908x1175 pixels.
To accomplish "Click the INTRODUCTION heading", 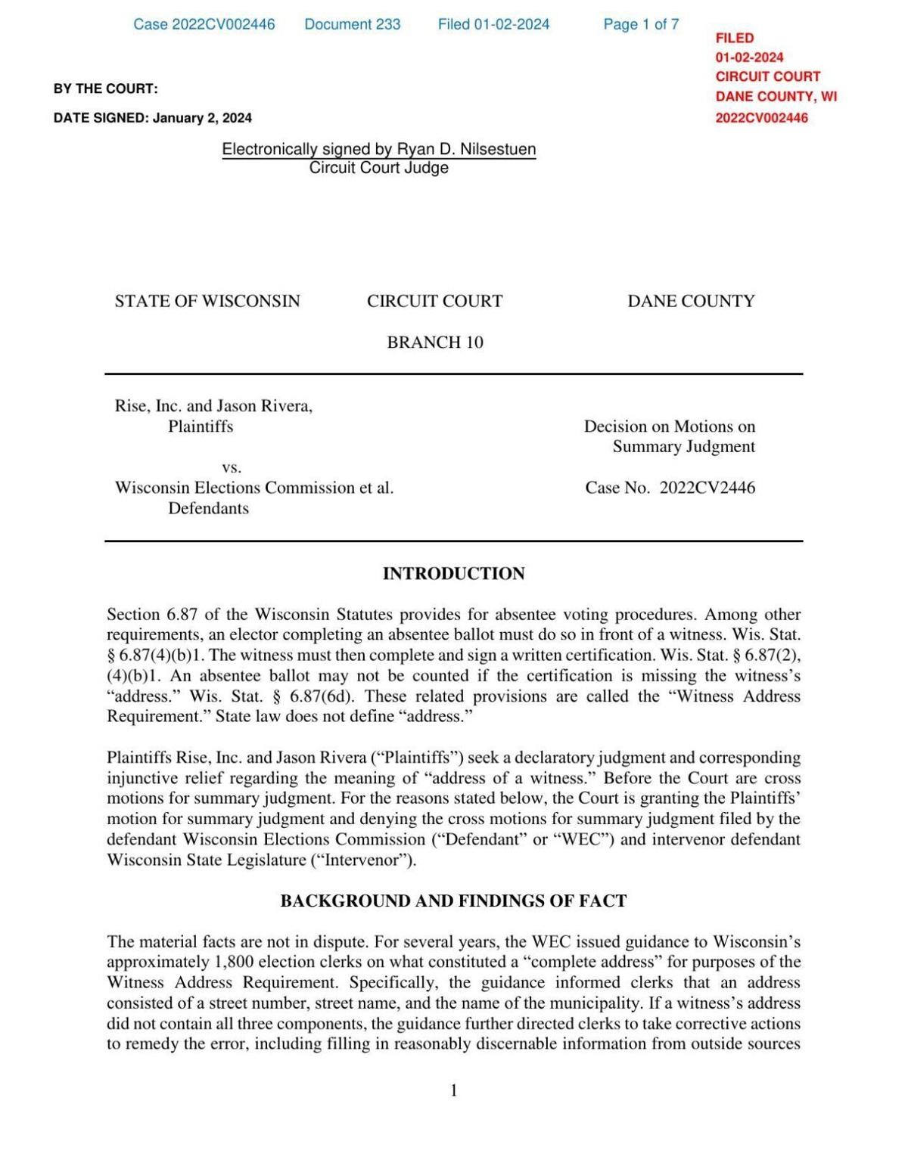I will point(453,574).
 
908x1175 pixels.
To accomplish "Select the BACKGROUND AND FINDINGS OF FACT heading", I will point(453,901).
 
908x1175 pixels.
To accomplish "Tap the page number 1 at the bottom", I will point(454,1090).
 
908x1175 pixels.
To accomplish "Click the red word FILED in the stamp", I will point(735,38).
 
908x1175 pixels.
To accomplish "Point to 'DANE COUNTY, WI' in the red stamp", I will point(776,97).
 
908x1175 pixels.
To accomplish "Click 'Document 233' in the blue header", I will point(353,24).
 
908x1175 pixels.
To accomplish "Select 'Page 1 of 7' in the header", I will point(641,24).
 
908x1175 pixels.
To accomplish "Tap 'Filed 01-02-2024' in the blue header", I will point(493,24).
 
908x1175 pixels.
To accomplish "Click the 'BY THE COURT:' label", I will point(105,88).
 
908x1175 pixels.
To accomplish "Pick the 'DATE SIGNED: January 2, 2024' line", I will point(153,118).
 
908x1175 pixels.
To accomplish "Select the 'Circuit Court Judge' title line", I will point(378,168).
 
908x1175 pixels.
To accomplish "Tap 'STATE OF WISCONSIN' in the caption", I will point(207,301).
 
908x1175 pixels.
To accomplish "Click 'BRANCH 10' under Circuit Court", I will point(435,343).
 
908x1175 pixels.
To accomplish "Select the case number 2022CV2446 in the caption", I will point(707,488).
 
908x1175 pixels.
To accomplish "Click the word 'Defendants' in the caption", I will point(208,508).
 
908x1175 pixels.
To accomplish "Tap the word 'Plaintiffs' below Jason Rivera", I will point(201,426).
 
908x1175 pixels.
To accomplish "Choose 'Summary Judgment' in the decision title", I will point(683,447).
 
